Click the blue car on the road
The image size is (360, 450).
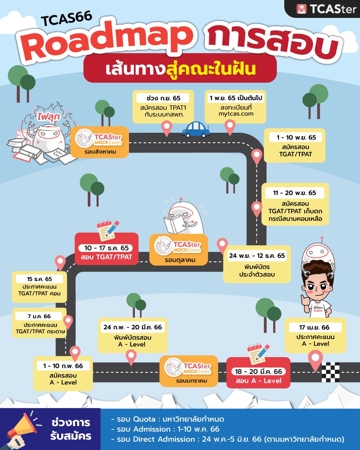(195, 130)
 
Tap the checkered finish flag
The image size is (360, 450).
(330, 372)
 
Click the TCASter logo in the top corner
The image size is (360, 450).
(326, 9)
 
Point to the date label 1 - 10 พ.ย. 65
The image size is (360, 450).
(296, 138)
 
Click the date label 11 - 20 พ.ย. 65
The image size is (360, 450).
(294, 193)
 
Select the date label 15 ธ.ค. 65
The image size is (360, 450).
(39, 279)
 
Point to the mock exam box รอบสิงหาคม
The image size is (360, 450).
(99, 142)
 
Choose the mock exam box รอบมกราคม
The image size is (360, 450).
(189, 370)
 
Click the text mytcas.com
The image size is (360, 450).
(236, 114)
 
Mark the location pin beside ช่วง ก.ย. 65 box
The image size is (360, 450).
(166, 128)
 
